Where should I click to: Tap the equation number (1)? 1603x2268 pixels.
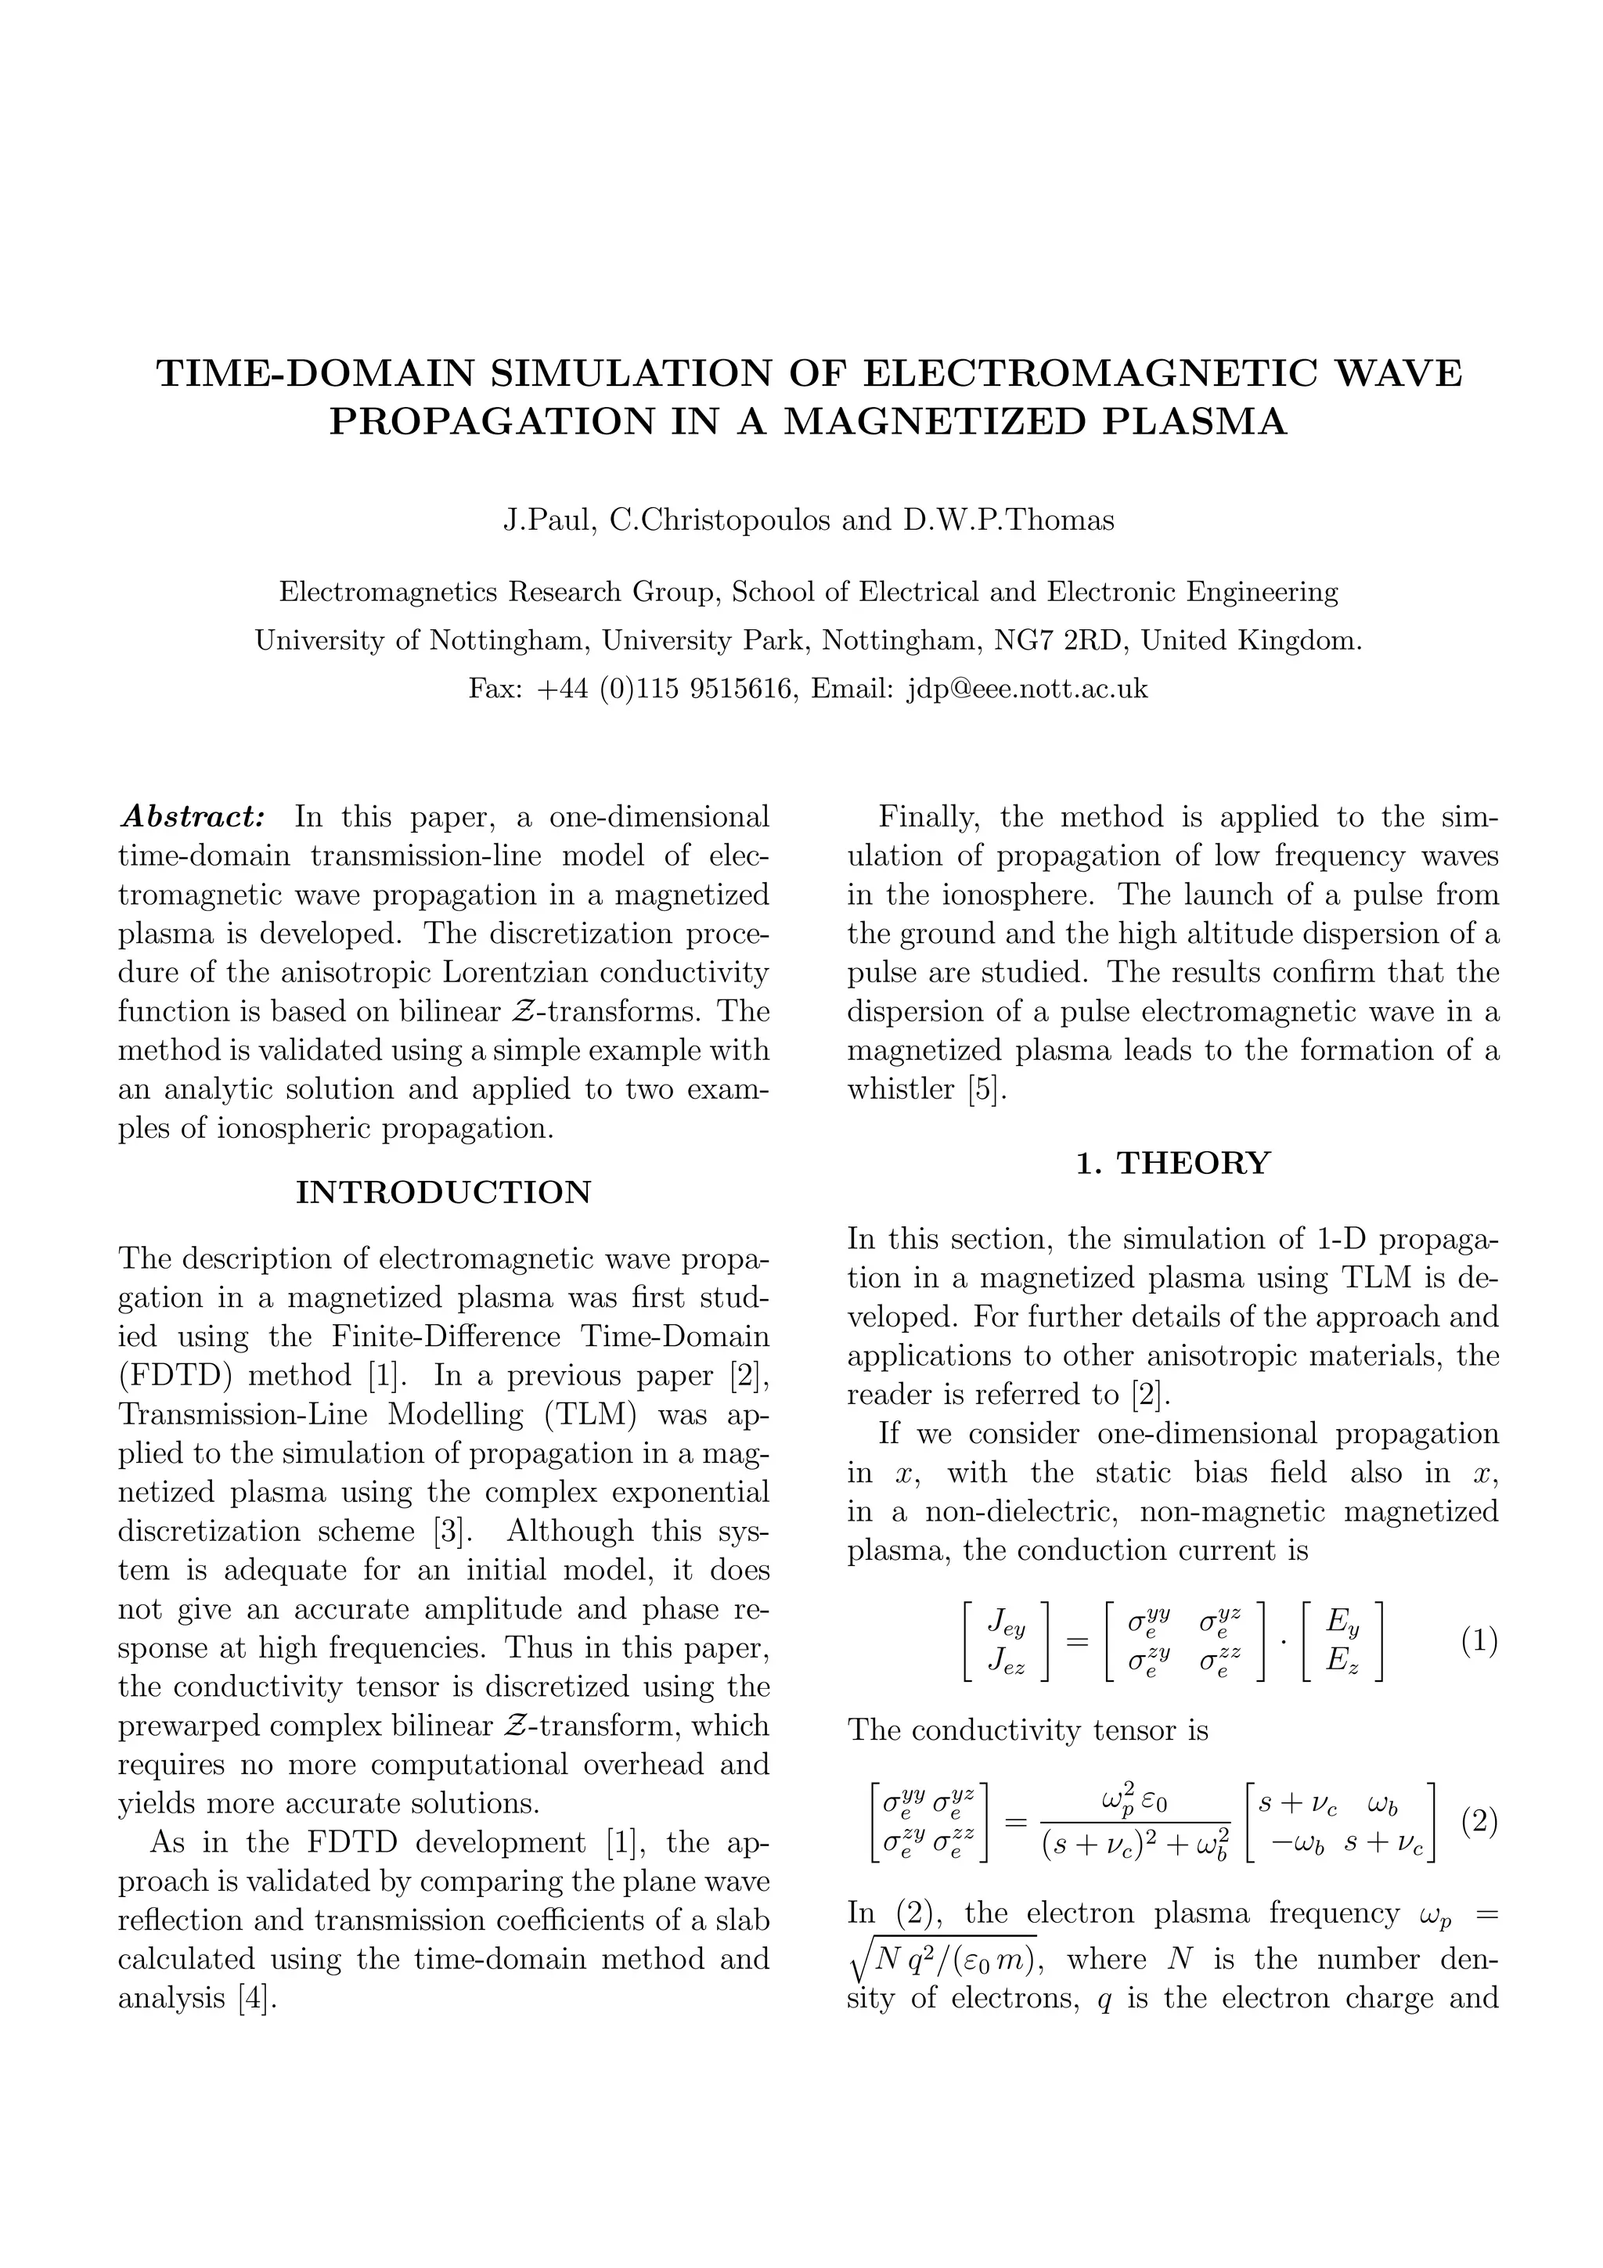pos(1478,1643)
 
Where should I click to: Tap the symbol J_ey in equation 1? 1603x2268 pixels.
pos(1007,1623)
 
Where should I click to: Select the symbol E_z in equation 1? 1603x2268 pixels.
pos(1342,1662)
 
